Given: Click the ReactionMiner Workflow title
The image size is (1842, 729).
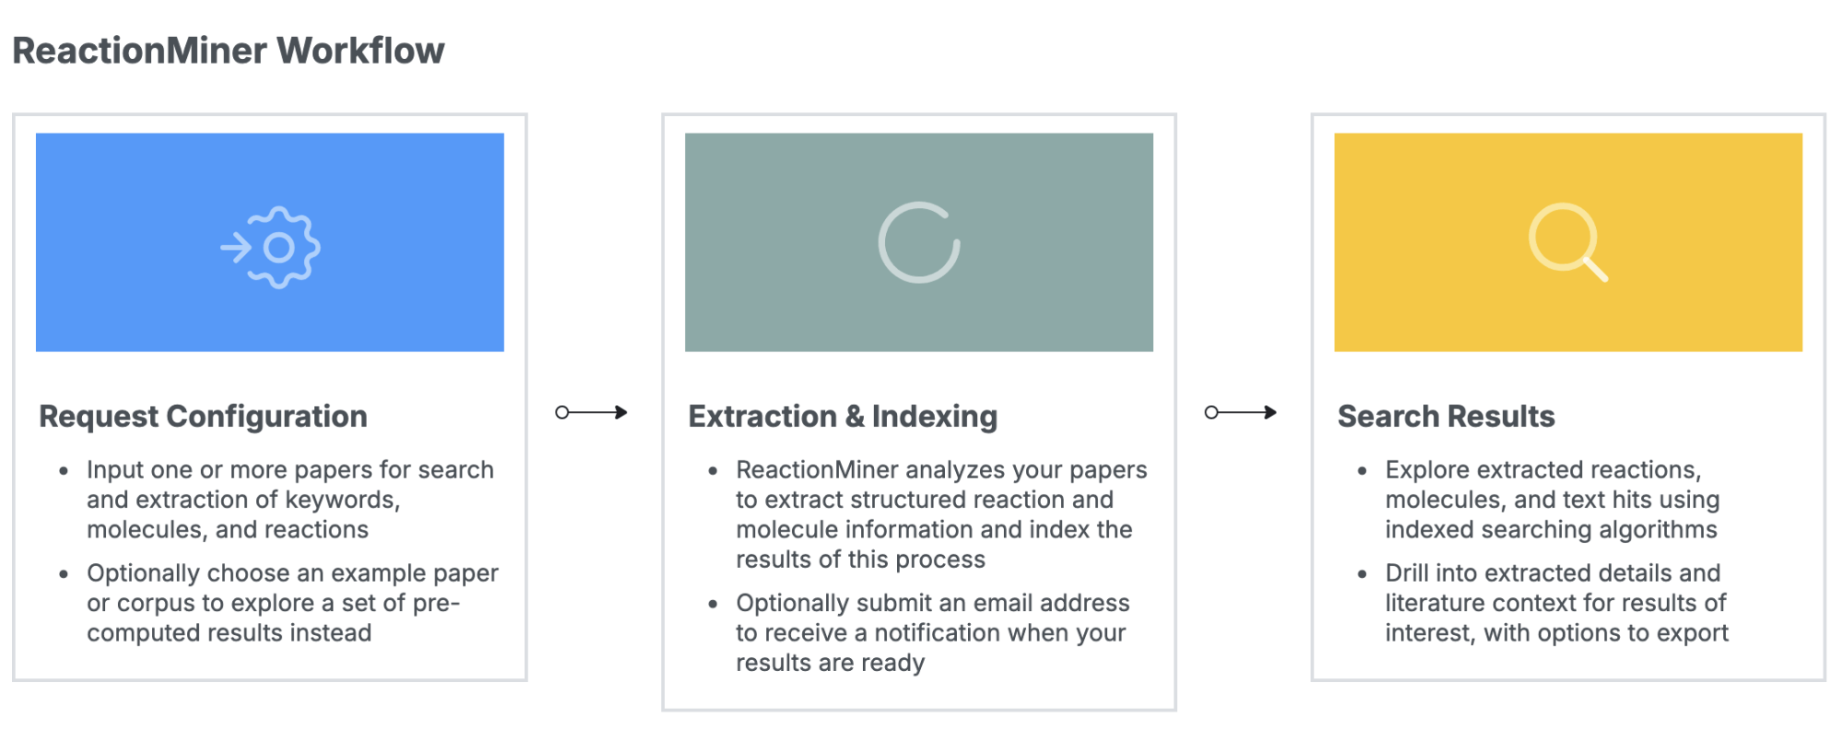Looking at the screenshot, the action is tap(228, 51).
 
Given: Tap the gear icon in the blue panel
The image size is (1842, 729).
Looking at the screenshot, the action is tap(271, 247).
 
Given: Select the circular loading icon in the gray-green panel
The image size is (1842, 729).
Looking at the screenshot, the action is tap(919, 242).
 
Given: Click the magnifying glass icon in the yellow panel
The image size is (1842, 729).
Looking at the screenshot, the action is tap(1568, 242).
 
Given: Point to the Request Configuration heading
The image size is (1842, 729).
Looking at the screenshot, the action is tap(204, 417).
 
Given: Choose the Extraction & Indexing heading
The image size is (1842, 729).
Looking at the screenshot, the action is tap(843, 417).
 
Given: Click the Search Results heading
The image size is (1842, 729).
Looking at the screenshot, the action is tap(1446, 417).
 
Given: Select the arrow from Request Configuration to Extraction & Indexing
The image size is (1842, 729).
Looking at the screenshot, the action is tap(591, 412).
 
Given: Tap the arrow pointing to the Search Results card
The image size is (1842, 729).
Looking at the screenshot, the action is tap(1241, 412).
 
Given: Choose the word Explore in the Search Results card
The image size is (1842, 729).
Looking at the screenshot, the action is tap(1428, 470).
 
